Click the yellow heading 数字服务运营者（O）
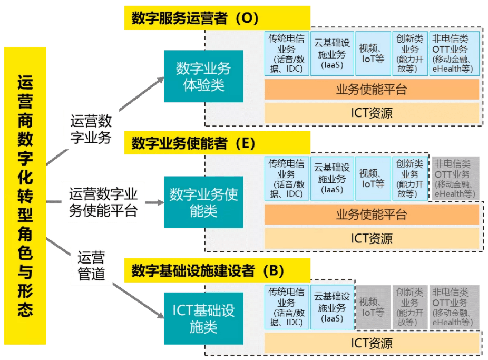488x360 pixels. pos(217,18)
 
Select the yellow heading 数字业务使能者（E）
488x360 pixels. pos(217,143)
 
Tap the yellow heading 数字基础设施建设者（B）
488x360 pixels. pos(217,271)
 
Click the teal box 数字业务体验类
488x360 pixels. pos(203,76)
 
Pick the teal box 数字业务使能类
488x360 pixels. pos(203,202)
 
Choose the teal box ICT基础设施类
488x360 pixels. pos(203,318)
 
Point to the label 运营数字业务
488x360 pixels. pos(91,130)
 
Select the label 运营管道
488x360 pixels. pos(91,266)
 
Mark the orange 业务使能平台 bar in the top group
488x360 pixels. pos(372,89)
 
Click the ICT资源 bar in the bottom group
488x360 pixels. pos(372,343)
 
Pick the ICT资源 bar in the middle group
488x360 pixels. pos(372,238)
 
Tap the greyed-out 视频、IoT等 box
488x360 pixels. pos(373,307)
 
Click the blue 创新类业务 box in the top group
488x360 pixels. pos(409,53)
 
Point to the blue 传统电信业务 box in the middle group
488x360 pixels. pos(286,179)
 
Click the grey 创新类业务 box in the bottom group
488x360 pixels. pos(409,307)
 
